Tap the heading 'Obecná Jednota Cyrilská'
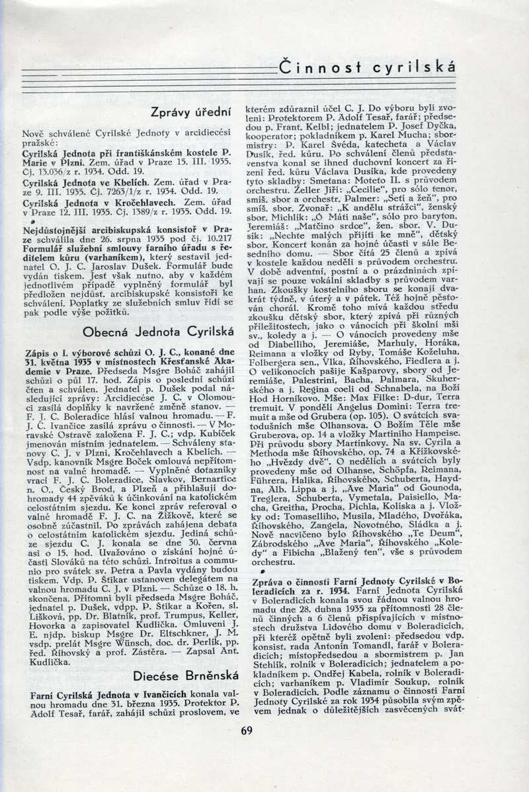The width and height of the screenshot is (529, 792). coord(159,330)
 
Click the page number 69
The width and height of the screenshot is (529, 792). coord(247,730)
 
